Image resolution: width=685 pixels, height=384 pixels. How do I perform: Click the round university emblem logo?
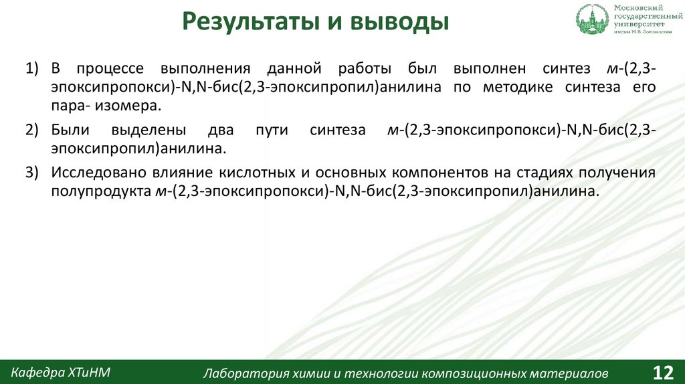click(x=591, y=19)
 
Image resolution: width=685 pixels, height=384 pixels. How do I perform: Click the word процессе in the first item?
click(x=107, y=69)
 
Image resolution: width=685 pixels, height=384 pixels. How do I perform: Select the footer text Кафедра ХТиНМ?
click(x=60, y=371)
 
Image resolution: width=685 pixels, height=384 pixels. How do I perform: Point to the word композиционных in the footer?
click(x=472, y=373)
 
